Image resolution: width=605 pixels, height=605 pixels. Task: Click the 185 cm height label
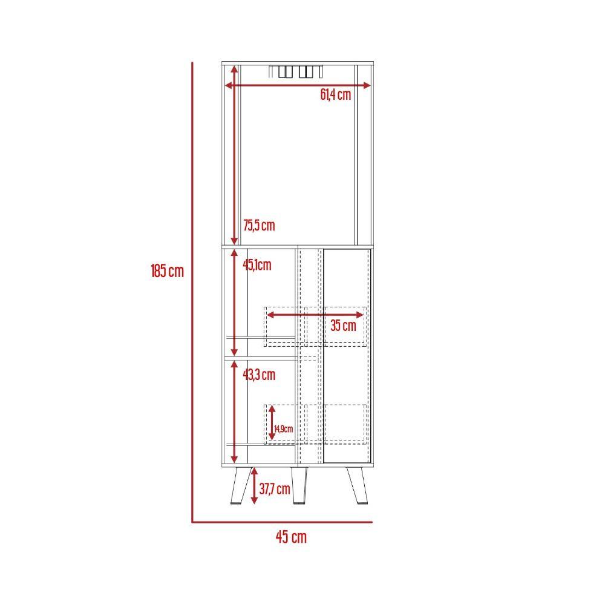pyautogui.click(x=167, y=271)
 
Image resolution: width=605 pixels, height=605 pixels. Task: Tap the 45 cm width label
pyautogui.click(x=292, y=537)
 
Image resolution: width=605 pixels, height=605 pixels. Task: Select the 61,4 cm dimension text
pyautogui.click(x=336, y=94)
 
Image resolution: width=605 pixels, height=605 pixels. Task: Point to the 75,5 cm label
pyautogui.click(x=259, y=225)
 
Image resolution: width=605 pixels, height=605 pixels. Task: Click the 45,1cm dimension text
pyautogui.click(x=257, y=265)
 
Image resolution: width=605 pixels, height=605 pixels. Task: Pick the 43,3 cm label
pyautogui.click(x=259, y=374)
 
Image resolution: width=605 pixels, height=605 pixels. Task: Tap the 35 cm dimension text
pyautogui.click(x=343, y=325)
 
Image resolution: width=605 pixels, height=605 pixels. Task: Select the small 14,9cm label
pyautogui.click(x=284, y=429)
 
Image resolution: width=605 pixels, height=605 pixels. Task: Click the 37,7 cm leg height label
pyautogui.click(x=275, y=489)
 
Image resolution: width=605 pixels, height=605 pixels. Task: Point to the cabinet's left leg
pyautogui.click(x=241, y=485)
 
